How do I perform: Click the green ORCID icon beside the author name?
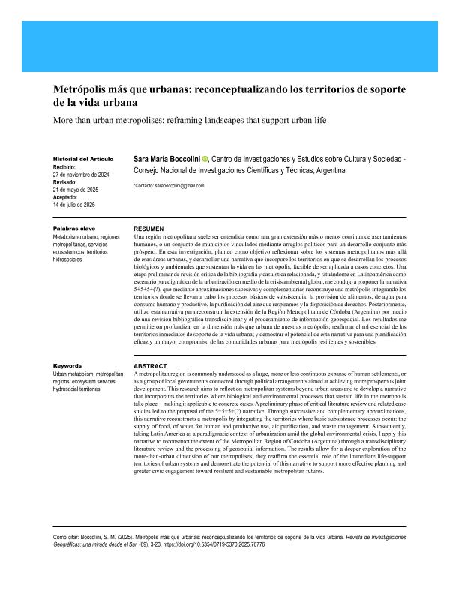pos(205,160)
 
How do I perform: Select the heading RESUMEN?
pos(148,228)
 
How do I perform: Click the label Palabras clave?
pos(73,227)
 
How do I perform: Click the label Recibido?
pos(67,167)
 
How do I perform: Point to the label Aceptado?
pos(67,196)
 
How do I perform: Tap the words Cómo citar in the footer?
pos(65,538)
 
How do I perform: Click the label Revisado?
pos(67,182)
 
